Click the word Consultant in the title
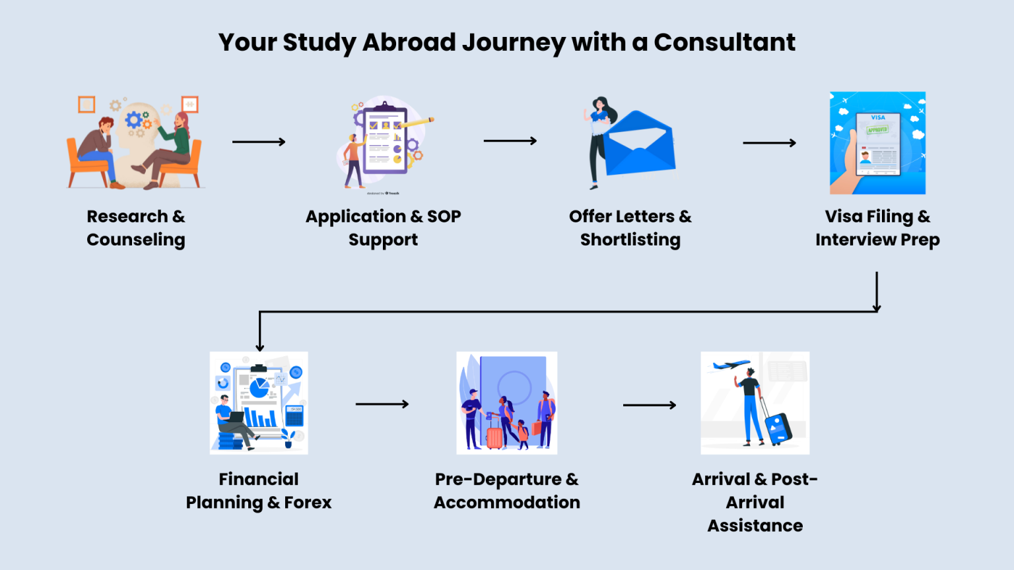724,42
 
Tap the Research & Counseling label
136,228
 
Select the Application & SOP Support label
383,228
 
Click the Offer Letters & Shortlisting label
630,228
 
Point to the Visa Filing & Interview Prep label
877,228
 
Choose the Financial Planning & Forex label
259,491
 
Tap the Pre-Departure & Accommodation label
506,491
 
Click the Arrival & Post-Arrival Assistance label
755,502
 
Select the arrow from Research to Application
259,142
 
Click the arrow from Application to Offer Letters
510,141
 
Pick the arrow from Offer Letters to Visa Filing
769,142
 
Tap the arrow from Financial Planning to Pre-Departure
382,404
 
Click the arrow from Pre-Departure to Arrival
650,405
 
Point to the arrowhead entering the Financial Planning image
260,346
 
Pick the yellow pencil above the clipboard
417,122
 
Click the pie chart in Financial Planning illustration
259,389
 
